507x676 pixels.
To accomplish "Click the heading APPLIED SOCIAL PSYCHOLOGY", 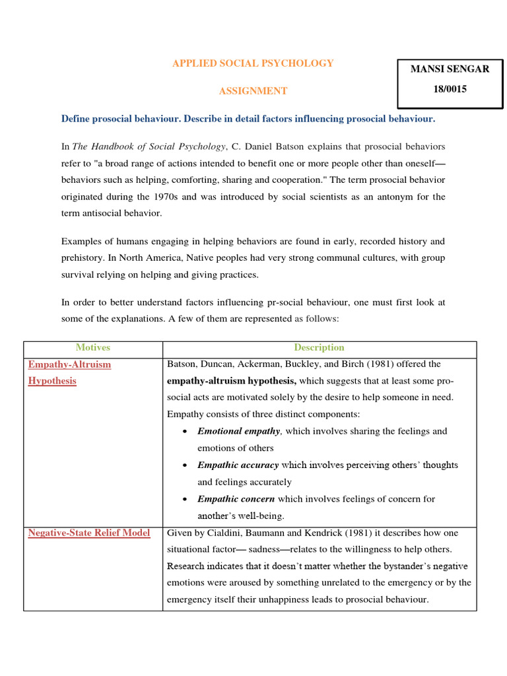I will [253, 63].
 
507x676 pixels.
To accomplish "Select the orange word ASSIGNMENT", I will [253, 91].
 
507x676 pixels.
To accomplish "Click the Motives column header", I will [93, 347].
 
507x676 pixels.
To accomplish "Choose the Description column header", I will [319, 347].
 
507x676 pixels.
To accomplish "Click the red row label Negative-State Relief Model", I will [89, 533].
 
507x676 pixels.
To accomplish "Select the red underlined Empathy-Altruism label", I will [70, 364].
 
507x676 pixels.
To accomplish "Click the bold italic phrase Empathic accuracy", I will [238, 465].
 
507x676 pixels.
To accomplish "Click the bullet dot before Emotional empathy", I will [186, 432].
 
